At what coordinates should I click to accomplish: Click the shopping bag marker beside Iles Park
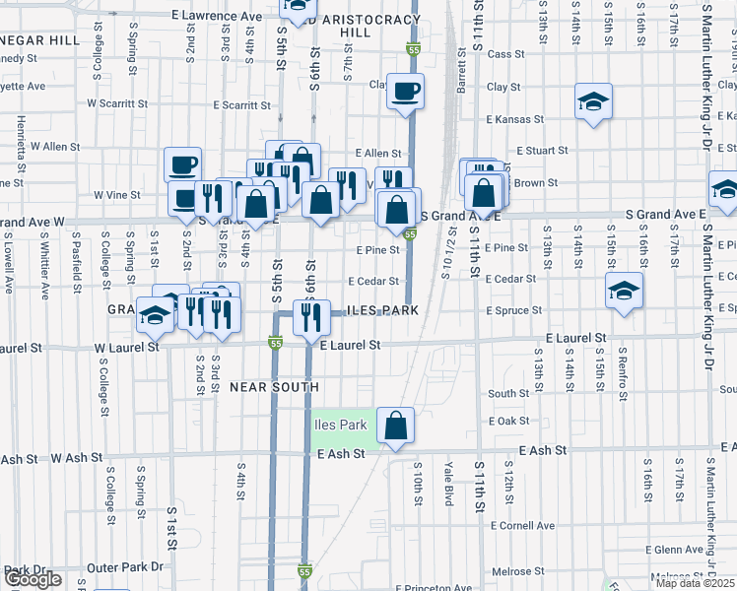(x=395, y=426)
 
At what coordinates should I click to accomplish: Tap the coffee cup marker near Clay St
(x=405, y=92)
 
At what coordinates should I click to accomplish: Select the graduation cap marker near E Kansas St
(x=592, y=101)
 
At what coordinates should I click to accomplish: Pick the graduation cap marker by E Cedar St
(x=624, y=291)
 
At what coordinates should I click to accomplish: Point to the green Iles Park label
(x=340, y=425)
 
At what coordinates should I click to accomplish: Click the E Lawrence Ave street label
(x=216, y=16)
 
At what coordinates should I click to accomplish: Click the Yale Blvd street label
(x=449, y=484)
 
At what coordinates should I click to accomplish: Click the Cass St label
(x=503, y=54)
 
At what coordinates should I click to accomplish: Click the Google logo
(x=33, y=578)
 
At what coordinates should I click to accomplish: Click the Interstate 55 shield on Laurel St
(x=276, y=342)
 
